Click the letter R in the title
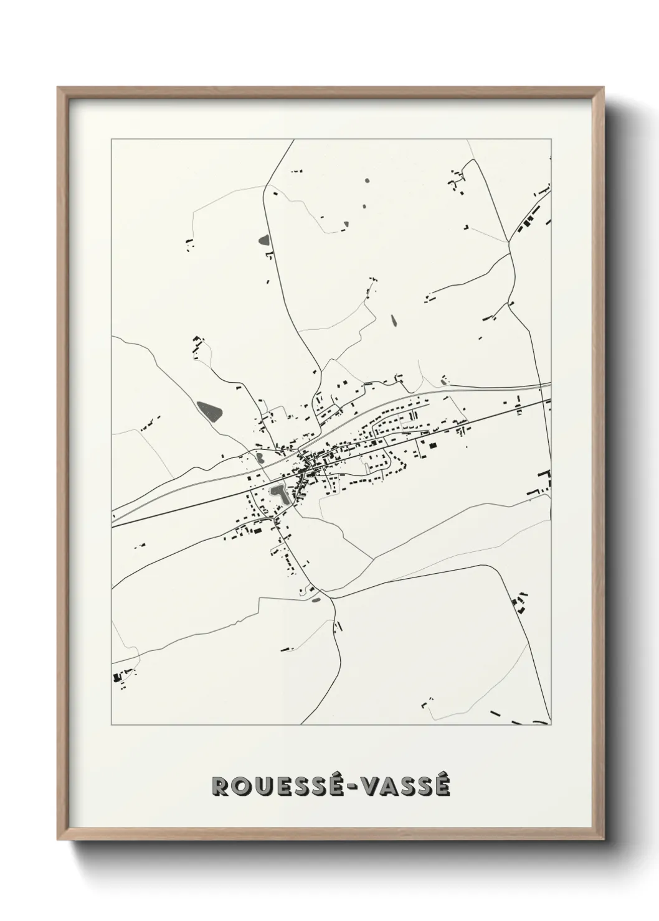(x=221, y=786)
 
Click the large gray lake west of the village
(x=211, y=410)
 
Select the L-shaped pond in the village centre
(x=278, y=495)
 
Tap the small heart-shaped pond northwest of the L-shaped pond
(x=257, y=458)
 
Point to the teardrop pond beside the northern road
(x=263, y=240)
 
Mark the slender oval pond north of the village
(x=393, y=321)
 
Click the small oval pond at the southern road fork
(x=315, y=600)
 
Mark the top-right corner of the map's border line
(x=551, y=139)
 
